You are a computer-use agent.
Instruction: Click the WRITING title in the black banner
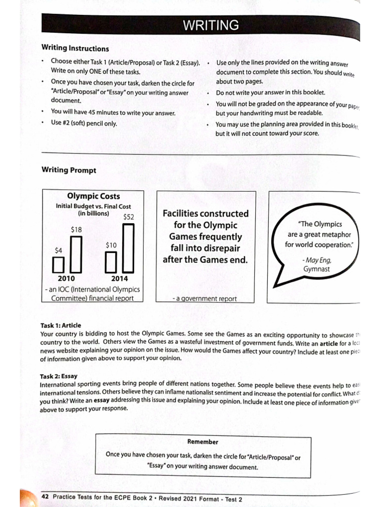211,25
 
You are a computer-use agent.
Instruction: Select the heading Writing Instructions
75,49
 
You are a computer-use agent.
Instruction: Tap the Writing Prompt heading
69,170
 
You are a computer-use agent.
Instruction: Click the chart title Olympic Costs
93,196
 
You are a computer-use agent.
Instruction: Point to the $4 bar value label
58,250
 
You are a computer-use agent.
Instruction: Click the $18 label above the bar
76,230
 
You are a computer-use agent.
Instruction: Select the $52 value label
128,217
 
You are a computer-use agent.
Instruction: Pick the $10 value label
111,245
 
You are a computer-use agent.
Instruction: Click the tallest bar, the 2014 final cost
129,248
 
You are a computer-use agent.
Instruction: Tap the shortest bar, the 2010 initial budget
58,265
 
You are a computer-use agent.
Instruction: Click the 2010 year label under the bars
66,279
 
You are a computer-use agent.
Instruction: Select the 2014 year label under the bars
119,279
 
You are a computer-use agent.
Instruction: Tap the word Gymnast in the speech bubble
317,269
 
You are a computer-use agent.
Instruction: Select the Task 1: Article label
61,325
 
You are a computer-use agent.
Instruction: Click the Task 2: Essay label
59,376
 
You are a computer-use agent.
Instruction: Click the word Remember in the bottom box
203,442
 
